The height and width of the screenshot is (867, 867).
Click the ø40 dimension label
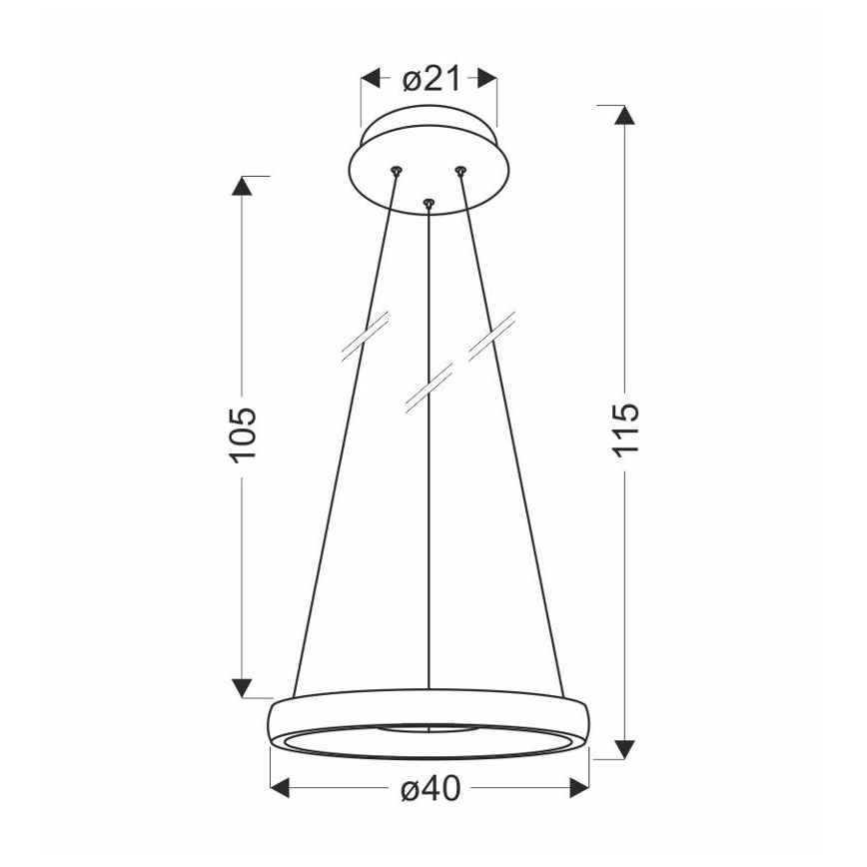[x=431, y=788]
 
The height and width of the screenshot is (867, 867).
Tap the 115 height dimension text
[x=624, y=430]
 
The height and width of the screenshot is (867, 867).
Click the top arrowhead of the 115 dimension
[x=624, y=114]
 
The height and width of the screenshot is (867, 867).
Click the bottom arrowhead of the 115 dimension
[x=624, y=748]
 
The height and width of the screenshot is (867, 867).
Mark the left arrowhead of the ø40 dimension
[x=282, y=788]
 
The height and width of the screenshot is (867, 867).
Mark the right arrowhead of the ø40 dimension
[x=580, y=788]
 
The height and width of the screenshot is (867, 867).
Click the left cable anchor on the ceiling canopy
[x=397, y=171]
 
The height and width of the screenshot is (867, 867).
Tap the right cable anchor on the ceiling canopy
[x=460, y=172]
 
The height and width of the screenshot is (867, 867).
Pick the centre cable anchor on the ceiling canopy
[x=429, y=204]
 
